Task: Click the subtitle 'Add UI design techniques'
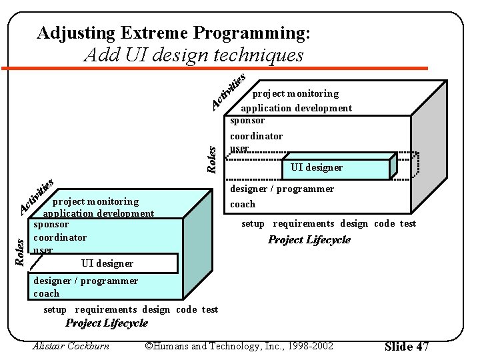[193, 55]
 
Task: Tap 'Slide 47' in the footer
[407, 346]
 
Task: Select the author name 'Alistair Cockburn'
[71, 345]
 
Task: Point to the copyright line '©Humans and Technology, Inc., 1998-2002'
[239, 345]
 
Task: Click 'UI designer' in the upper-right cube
[317, 167]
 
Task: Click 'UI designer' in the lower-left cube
[107, 263]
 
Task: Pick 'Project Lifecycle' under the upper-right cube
[309, 240]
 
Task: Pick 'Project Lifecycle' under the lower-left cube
[107, 323]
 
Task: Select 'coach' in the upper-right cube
[243, 204]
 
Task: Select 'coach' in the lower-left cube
[46, 293]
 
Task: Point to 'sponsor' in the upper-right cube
[247, 121]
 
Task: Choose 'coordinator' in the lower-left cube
[60, 237]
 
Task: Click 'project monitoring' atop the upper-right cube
[295, 93]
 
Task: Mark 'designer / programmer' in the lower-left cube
[85, 281]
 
